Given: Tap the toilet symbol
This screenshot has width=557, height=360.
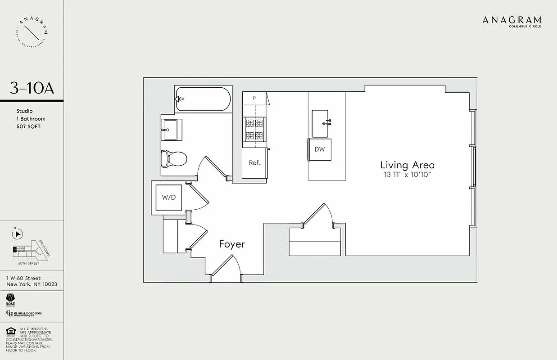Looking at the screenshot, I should click(174, 158).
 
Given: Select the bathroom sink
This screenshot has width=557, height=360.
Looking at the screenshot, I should click(172, 129).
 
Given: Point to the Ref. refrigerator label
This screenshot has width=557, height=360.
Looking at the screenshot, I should click(254, 162).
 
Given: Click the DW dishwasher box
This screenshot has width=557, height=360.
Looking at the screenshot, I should click(320, 149).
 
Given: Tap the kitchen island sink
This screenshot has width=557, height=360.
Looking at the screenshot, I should click(322, 123).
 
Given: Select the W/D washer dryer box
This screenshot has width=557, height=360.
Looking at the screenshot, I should click(169, 197).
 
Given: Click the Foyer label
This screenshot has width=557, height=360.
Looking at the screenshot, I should click(232, 244).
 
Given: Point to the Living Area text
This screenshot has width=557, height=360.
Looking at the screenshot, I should click(408, 165).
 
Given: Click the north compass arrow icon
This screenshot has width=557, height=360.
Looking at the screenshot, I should click(18, 234).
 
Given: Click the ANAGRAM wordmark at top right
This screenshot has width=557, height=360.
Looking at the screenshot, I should click(512, 20).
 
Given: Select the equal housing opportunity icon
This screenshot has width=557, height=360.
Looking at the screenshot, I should click(11, 332).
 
